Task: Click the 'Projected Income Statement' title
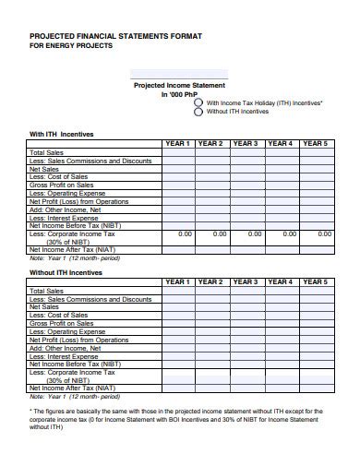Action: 179,85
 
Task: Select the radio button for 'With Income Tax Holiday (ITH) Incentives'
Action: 198,103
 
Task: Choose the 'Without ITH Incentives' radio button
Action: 198,112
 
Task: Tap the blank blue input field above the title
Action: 179,73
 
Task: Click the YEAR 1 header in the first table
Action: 176,144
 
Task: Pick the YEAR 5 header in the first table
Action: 315,144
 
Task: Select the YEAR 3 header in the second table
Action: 245,281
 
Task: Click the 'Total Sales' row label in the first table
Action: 47,152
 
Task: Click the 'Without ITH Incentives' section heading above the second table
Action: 66,272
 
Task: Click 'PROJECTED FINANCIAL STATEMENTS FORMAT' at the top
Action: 115,34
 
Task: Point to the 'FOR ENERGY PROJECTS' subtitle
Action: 71,45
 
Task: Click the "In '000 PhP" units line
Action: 179,94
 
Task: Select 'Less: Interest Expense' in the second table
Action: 64,355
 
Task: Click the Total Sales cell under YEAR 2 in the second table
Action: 210,291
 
